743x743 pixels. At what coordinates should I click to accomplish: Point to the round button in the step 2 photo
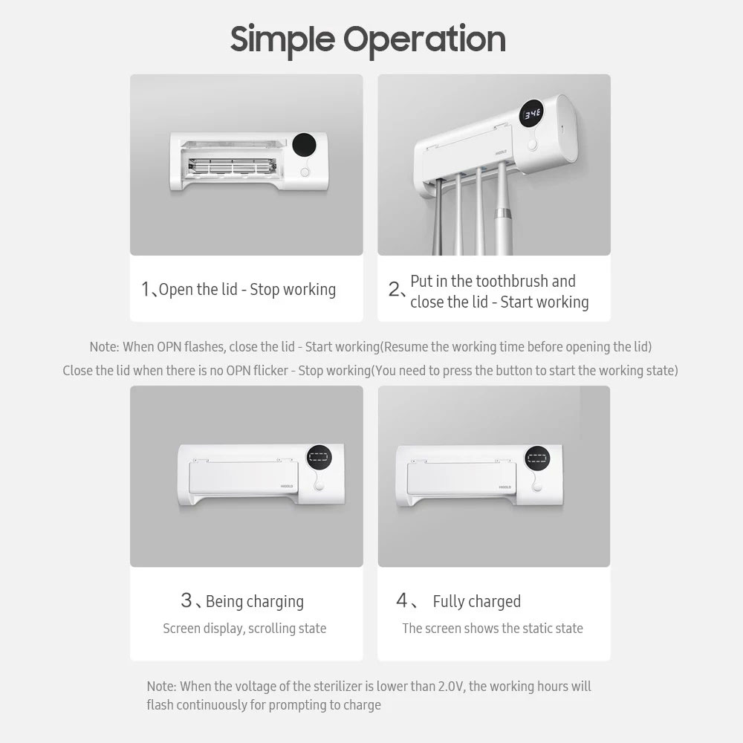click(533, 145)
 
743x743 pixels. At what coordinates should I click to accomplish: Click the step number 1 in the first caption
click(146, 290)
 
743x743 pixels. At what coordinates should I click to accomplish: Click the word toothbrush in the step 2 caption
click(513, 281)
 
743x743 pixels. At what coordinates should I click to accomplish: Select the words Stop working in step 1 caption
click(293, 290)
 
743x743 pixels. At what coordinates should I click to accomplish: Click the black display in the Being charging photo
click(319, 458)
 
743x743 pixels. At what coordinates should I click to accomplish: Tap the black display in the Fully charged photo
click(537, 458)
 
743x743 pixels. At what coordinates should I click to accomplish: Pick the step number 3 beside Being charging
click(186, 600)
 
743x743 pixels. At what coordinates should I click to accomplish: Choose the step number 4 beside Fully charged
click(402, 600)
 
